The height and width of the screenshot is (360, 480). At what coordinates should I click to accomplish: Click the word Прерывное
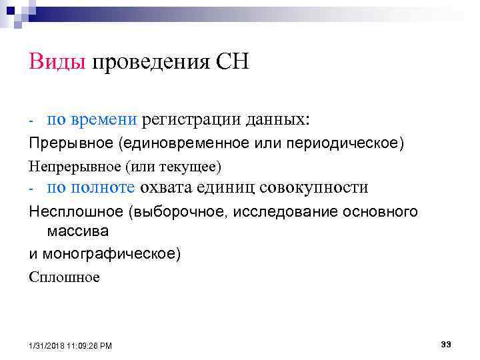tap(63, 145)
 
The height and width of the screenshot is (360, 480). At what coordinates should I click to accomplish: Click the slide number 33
tap(446, 344)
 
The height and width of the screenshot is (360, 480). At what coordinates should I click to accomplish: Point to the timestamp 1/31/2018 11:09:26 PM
tap(71, 345)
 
